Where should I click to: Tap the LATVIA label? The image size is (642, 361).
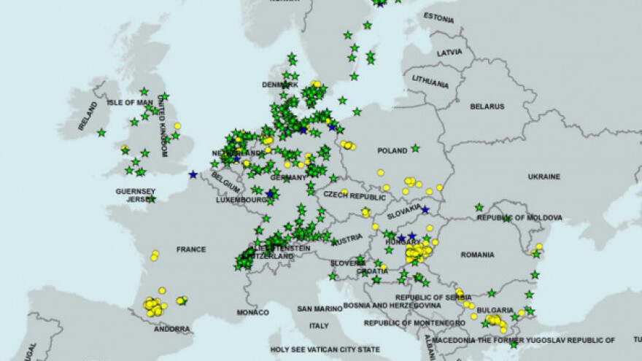(x=449, y=53)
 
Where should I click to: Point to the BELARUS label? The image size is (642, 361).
(x=487, y=106)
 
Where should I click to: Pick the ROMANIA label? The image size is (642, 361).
(x=478, y=254)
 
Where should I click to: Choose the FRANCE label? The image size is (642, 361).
(x=191, y=249)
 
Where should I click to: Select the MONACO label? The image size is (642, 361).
(x=253, y=312)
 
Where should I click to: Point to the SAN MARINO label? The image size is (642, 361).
(x=319, y=309)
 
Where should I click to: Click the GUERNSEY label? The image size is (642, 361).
(x=136, y=191)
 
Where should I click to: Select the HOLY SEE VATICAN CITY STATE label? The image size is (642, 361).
(x=327, y=349)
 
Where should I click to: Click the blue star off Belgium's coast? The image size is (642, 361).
(x=193, y=174)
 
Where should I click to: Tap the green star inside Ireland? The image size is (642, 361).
(x=101, y=133)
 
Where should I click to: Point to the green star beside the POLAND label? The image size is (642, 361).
(x=415, y=148)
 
